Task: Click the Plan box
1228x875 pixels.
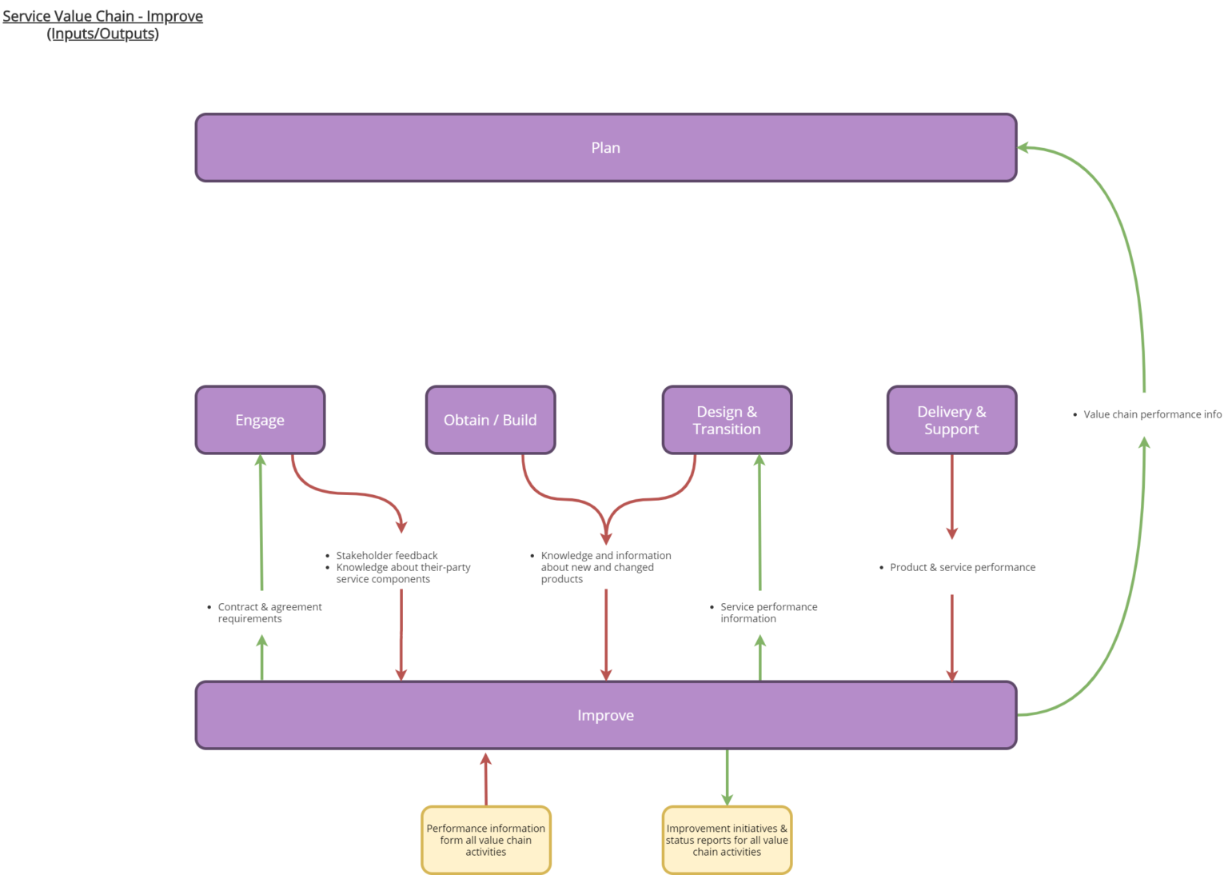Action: [605, 148]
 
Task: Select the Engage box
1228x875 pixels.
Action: [260, 420]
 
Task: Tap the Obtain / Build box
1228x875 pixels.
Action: [490, 420]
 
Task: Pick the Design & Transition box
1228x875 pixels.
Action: [727, 420]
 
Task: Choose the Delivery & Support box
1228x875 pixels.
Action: [951, 420]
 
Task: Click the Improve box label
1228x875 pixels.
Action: [605, 715]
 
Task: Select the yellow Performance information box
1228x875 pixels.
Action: [485, 840]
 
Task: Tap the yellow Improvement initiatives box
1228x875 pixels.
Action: [727, 840]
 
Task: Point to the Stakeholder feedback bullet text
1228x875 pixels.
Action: [387, 555]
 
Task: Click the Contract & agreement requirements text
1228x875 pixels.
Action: [269, 613]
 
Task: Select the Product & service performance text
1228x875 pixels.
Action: [962, 567]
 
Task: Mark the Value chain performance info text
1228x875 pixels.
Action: [1151, 414]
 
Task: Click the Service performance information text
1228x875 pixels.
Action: [767, 613]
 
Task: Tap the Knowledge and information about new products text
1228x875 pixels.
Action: [604, 567]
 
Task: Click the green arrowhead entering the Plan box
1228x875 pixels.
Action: [1023, 147]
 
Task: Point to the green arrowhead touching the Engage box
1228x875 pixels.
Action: [260, 460]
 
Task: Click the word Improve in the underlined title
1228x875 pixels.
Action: [174, 16]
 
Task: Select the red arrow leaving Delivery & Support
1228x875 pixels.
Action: [951, 496]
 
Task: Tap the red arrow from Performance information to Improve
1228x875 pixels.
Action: [485, 780]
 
